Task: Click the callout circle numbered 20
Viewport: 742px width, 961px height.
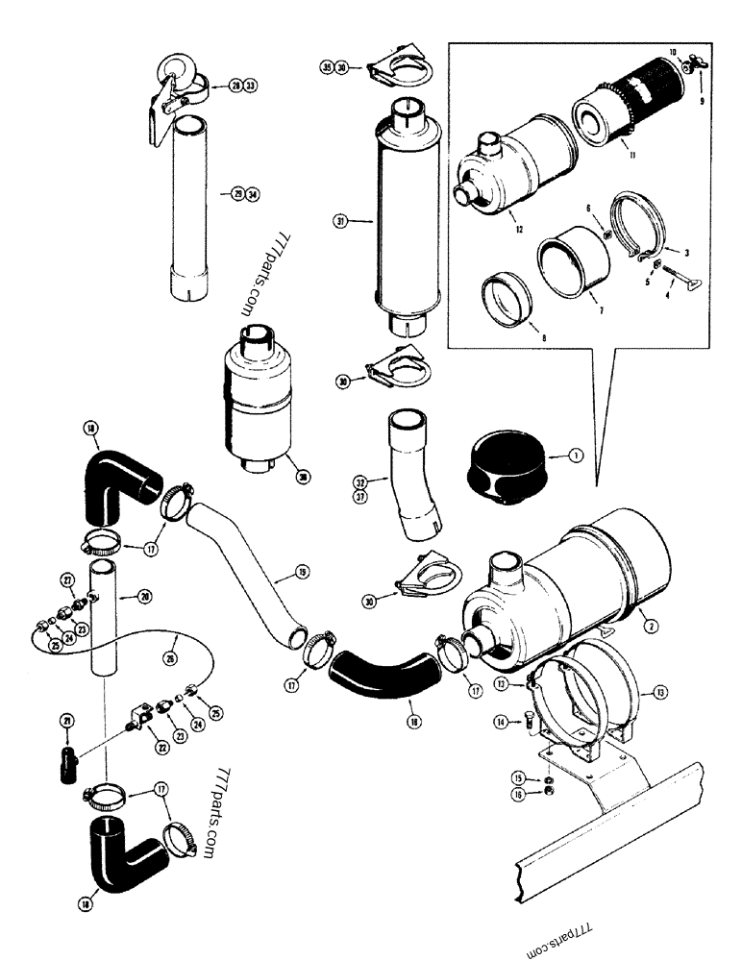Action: point(145,597)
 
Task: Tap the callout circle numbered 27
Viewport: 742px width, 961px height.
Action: point(67,579)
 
